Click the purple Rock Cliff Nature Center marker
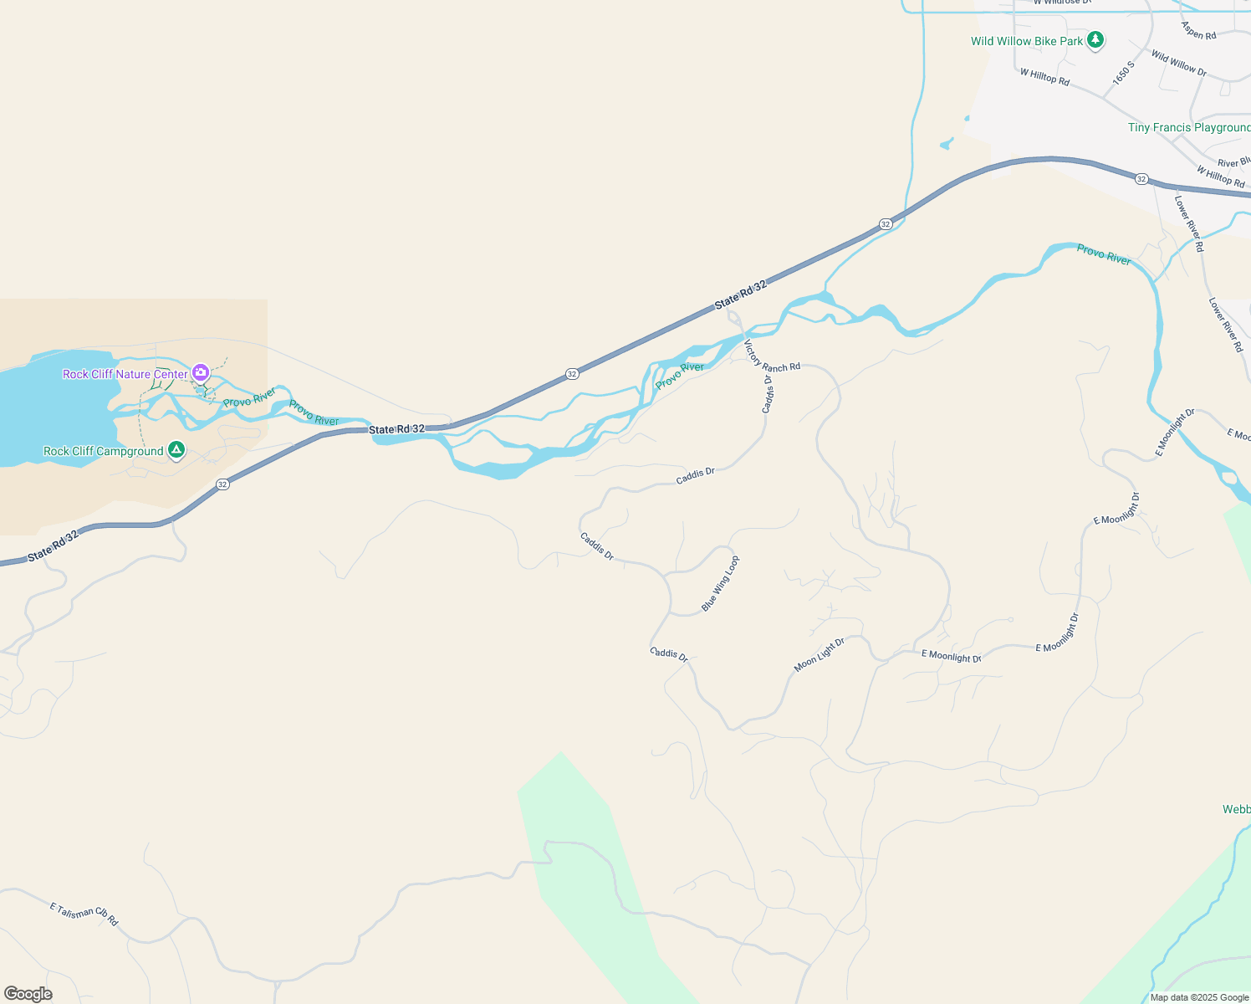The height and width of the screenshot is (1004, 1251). [x=201, y=372]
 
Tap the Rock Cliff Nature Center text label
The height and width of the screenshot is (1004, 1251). [x=125, y=374]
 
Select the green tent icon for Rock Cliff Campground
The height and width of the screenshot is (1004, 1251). [x=176, y=450]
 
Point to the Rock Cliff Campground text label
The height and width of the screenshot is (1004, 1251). [x=104, y=451]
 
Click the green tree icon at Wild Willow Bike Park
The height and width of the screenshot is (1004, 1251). [x=1095, y=40]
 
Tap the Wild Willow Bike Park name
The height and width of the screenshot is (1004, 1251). [x=1027, y=41]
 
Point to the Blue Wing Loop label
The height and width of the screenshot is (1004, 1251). [x=720, y=583]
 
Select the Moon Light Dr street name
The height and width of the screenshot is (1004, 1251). [x=820, y=654]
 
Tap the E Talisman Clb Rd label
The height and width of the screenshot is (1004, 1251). [x=84, y=914]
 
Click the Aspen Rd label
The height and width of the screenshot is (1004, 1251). [x=1198, y=30]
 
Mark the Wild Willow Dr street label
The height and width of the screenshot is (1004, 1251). [x=1178, y=63]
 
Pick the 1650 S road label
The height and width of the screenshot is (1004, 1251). [x=1124, y=73]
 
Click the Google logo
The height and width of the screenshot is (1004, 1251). [x=28, y=994]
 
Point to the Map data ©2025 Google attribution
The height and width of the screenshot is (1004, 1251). [x=1199, y=997]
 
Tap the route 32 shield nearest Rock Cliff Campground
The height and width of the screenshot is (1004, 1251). [x=222, y=484]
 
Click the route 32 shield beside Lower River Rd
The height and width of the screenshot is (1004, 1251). [x=1141, y=179]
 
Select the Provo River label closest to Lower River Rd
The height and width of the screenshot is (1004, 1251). [x=1104, y=254]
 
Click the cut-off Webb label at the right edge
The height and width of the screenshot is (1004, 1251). [x=1237, y=809]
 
